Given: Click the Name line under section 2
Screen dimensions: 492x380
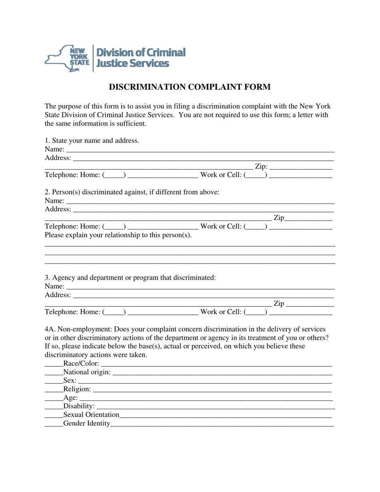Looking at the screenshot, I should (200, 201).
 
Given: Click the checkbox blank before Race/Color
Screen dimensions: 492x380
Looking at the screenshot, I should (54, 364).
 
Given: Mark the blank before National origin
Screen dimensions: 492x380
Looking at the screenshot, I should (54, 373).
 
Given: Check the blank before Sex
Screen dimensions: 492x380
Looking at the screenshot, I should (54, 381).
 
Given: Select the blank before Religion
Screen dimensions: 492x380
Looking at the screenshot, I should (54, 390).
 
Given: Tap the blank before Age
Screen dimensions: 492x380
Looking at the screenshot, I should (54, 398).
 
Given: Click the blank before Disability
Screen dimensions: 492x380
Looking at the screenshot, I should (54, 407).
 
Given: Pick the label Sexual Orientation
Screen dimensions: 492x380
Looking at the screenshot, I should (91, 415).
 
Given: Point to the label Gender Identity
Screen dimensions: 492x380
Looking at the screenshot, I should (86, 424).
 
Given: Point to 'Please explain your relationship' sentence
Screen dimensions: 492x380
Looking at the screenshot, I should (118, 235).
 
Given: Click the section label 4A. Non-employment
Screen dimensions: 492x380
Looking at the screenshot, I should (78, 329).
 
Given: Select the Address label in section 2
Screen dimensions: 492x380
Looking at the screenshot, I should (58, 209).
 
